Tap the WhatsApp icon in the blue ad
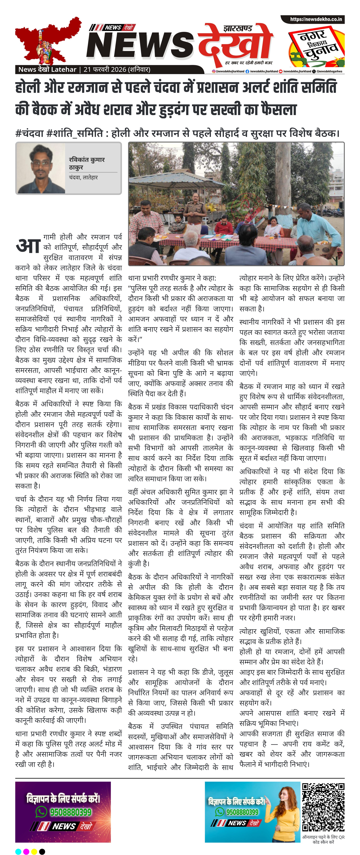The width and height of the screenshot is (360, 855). pos(220,812)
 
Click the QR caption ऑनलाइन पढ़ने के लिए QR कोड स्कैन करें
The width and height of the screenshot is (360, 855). pos(323,839)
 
